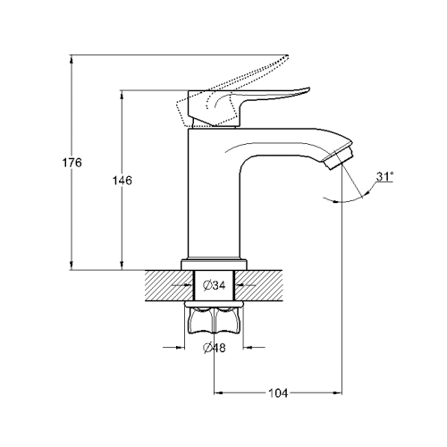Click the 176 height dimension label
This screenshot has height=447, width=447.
tap(72, 163)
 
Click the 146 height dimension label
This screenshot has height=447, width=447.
tap(122, 181)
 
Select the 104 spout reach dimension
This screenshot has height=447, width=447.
tap(278, 393)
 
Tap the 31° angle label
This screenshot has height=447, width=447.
tap(384, 176)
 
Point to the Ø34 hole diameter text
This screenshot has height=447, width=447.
tap(215, 285)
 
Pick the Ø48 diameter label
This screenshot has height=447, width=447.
tap(215, 348)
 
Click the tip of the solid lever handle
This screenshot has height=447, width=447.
tap(309, 88)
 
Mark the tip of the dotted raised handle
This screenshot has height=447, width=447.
tap(287, 55)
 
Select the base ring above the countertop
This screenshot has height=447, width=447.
tap(214, 265)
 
